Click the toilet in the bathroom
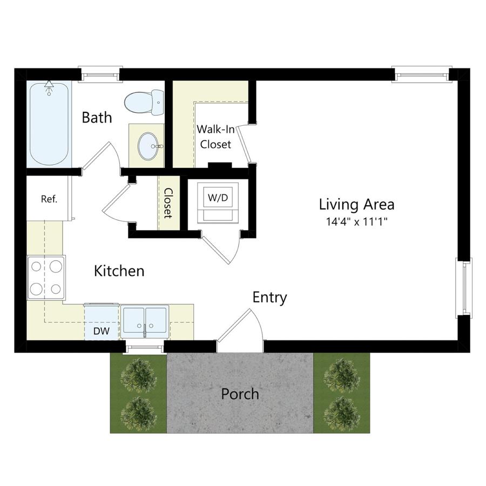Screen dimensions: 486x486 click(144, 102)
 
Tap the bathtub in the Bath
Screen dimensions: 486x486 click(49, 124)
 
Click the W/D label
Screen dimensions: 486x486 click(218, 198)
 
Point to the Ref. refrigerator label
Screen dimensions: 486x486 click(49, 199)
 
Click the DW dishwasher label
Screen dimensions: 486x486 click(102, 330)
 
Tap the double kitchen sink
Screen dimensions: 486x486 click(145, 321)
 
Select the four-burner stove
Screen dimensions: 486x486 click(46, 278)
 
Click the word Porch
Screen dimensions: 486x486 click(240, 394)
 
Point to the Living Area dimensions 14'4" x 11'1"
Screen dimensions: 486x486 click(357, 221)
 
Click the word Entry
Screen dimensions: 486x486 click(269, 298)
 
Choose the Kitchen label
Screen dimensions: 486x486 click(119, 271)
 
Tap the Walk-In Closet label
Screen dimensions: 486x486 click(215, 137)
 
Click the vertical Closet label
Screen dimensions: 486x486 click(168, 204)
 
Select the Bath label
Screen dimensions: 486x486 click(97, 118)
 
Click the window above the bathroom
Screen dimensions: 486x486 click(100, 75)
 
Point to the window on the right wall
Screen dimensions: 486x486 click(464, 288)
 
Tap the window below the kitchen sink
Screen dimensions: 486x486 click(144, 347)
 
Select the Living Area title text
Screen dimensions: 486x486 click(357, 205)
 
